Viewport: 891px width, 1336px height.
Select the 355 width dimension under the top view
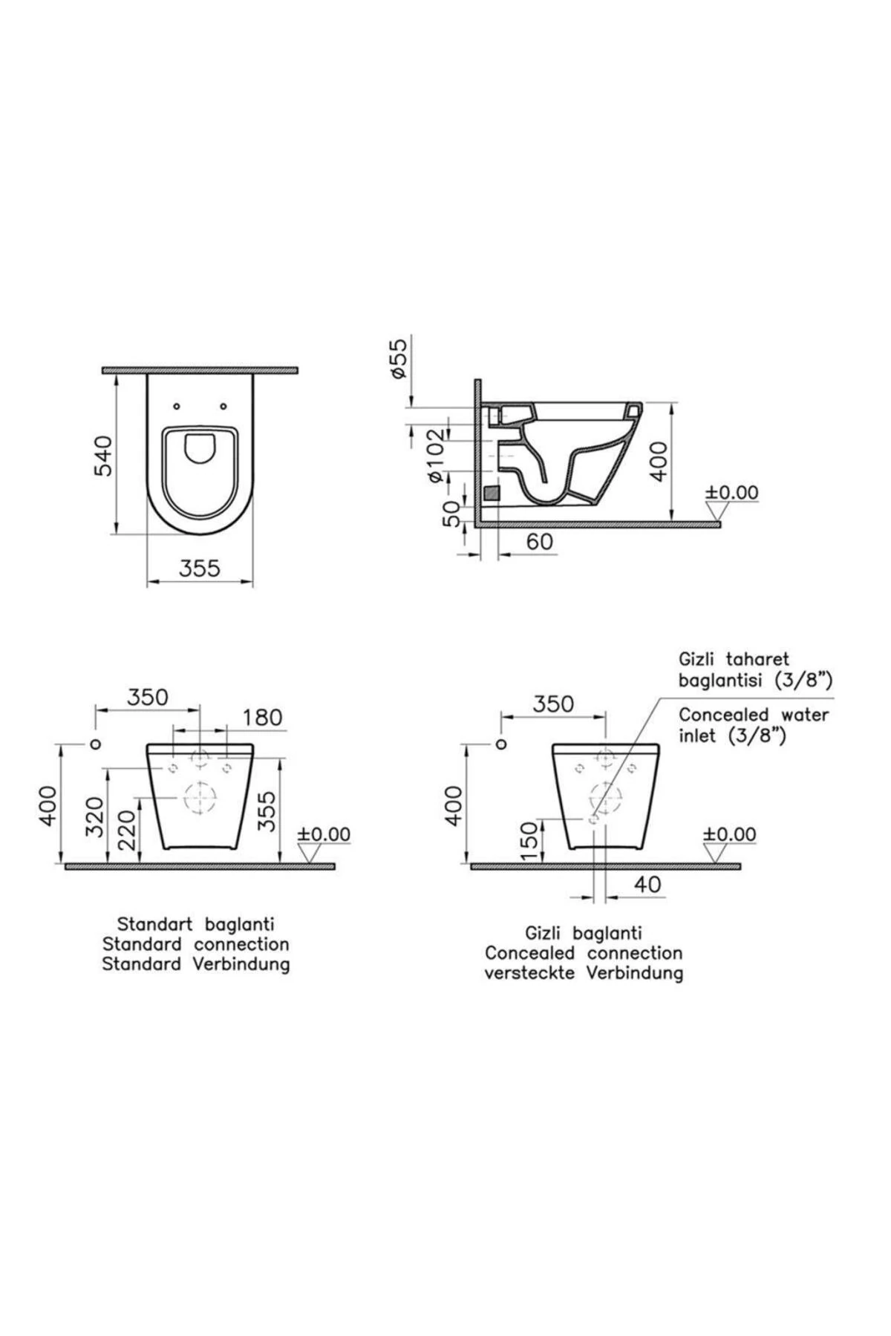coord(200,568)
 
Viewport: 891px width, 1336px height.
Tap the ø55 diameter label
coord(399,358)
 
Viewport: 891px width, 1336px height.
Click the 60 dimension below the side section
coord(540,542)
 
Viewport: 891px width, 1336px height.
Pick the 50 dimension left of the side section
coord(451,513)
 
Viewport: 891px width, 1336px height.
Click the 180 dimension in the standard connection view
coord(263,717)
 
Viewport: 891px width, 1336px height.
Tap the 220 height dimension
coord(127,830)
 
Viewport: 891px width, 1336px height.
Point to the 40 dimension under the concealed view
coord(647,884)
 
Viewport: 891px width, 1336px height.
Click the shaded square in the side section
coord(491,492)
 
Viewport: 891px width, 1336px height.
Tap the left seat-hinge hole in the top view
coord(176,406)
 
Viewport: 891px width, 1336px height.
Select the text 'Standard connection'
coord(195,944)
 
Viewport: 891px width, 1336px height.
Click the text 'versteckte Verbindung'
coord(584,972)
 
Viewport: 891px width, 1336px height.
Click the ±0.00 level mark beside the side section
coord(731,493)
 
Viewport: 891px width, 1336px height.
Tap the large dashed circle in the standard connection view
coord(200,800)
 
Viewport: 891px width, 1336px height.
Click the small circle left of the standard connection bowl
coord(95,744)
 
